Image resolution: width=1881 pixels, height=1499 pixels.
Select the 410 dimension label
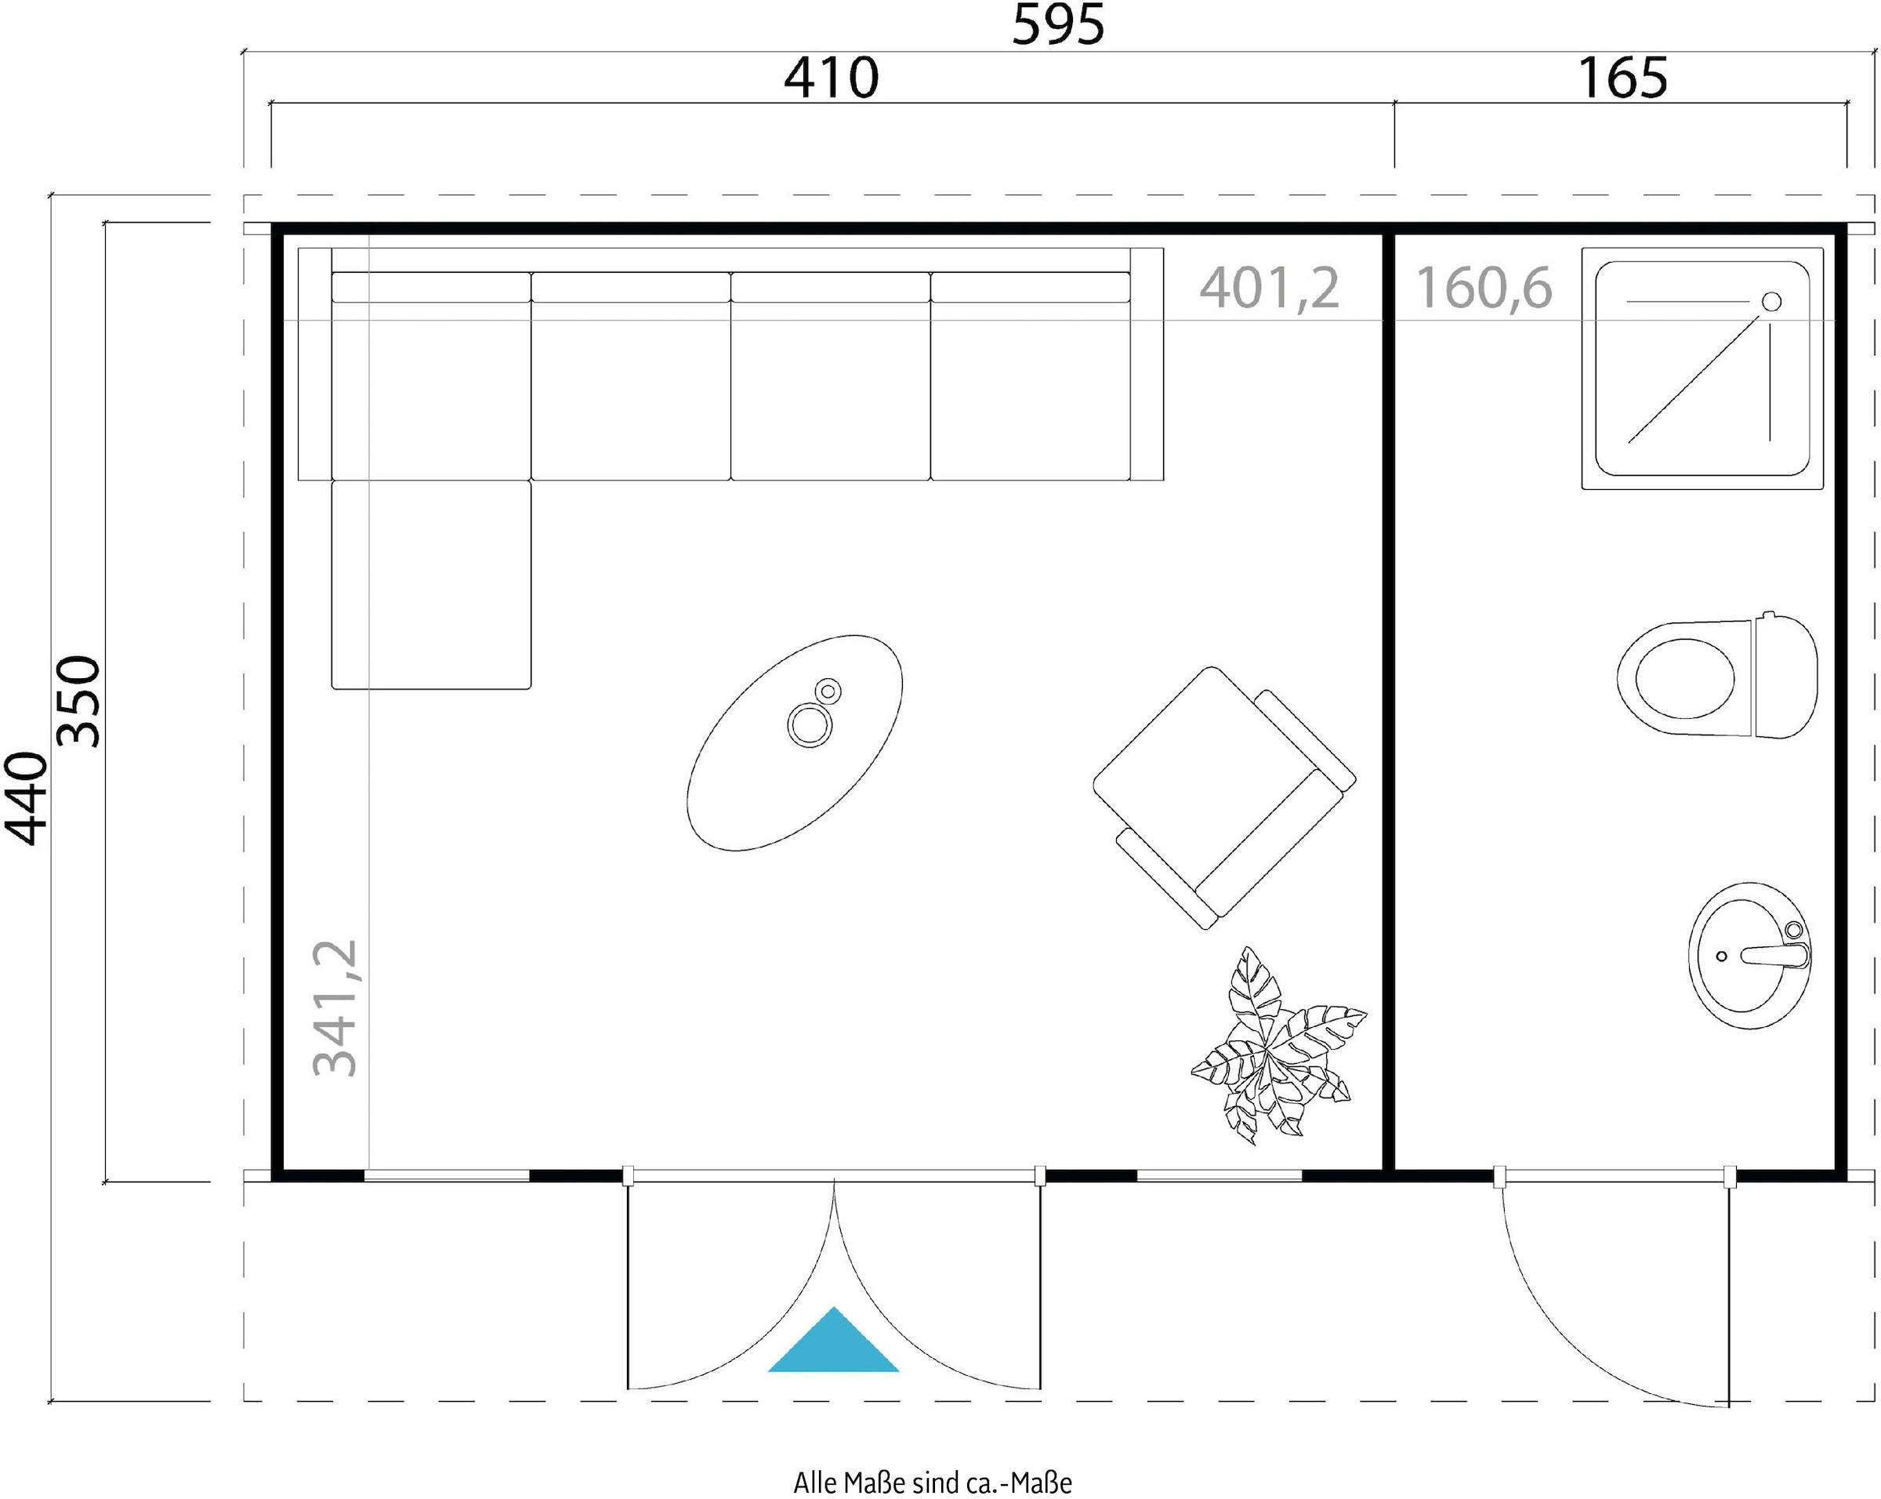(831, 78)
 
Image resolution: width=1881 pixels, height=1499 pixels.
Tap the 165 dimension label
(1623, 78)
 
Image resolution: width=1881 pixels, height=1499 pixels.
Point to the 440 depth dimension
(25, 798)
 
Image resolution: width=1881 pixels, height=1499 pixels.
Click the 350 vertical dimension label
(78, 702)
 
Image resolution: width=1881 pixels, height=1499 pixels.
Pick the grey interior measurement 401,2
(1270, 288)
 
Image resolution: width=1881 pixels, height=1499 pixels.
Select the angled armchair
(1224, 797)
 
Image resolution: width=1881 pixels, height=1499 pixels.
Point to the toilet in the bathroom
(1717, 677)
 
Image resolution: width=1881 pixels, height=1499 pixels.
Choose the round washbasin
(1749, 956)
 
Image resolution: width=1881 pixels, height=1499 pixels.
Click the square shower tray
(1702, 368)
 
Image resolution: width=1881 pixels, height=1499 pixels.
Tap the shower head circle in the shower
(1771, 302)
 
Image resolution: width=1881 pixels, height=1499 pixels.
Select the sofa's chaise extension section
(431, 585)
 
